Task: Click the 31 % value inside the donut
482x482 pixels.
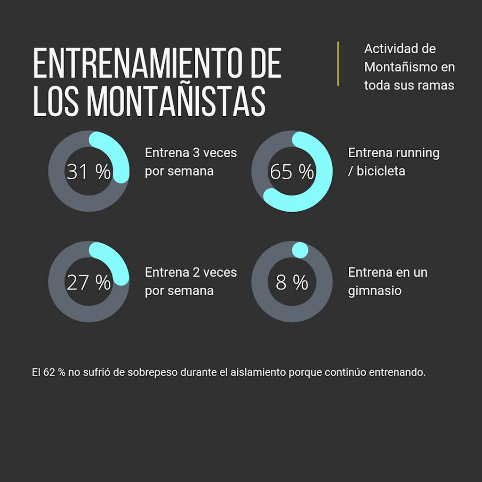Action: click(x=88, y=172)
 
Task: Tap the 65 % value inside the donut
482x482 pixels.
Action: click(x=291, y=172)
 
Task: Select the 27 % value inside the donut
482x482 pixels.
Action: click(x=88, y=282)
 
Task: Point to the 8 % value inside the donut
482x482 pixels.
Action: click(x=291, y=282)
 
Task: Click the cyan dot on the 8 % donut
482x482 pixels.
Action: click(x=300, y=250)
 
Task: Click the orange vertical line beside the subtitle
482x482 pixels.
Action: click(x=338, y=64)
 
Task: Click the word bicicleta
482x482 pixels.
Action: click(x=380, y=171)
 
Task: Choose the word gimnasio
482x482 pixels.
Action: click(x=375, y=291)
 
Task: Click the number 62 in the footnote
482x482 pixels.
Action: click(x=49, y=372)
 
